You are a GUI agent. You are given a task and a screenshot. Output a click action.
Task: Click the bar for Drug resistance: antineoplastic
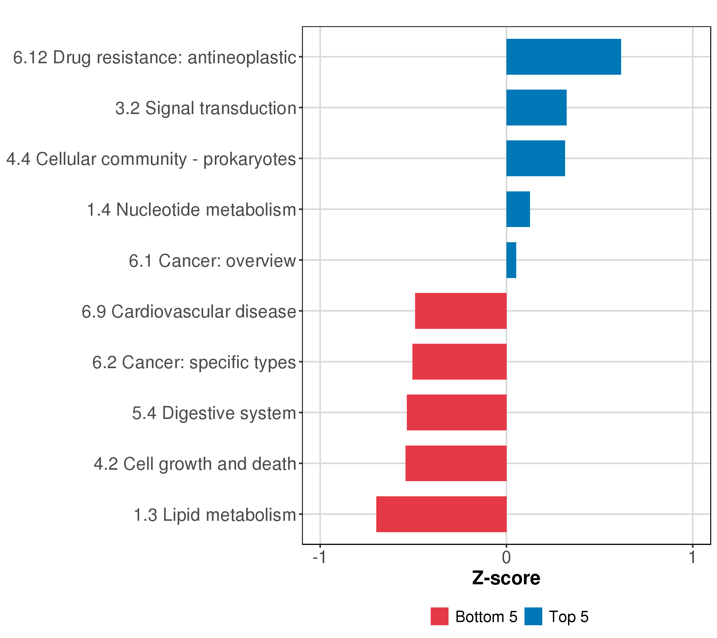click(563, 57)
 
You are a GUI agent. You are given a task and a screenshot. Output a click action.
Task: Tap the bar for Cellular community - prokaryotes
click(535, 158)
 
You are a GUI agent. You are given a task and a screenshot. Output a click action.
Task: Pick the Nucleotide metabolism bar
click(518, 209)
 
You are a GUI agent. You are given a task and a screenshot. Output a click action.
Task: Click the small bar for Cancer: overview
click(511, 260)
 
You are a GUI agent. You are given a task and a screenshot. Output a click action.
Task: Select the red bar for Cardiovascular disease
click(460, 311)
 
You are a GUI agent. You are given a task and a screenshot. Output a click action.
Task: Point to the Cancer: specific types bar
click(459, 362)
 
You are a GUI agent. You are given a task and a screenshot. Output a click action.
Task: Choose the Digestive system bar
click(456, 412)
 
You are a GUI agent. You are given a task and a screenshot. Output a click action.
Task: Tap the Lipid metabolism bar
click(441, 514)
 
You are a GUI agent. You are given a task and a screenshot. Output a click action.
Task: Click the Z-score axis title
click(506, 578)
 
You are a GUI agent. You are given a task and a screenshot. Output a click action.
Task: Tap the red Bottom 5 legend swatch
click(439, 616)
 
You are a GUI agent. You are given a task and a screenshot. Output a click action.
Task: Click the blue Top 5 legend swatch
click(533, 616)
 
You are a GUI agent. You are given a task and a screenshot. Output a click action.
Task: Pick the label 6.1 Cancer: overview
click(212, 261)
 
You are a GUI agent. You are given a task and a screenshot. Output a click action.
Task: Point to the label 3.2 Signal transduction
click(206, 108)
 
